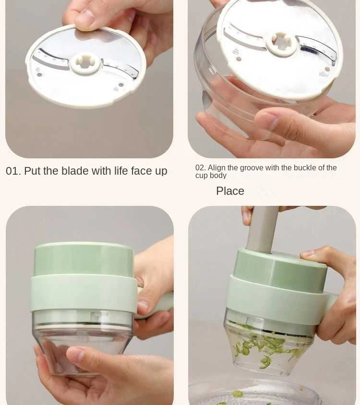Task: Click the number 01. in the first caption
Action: pos(13,171)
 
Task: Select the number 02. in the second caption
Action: pos(201,168)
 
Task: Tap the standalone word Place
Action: pos(230,191)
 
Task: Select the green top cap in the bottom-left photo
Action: pos(84,259)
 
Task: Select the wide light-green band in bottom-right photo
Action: pos(274,300)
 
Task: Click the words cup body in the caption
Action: pos(211,176)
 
